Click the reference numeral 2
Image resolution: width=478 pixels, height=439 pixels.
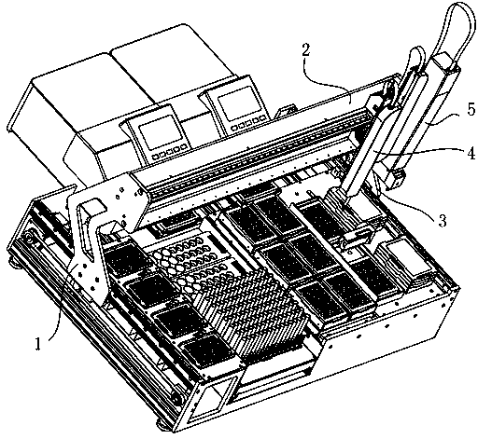click(x=306, y=50)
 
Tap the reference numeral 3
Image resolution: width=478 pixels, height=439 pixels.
click(x=443, y=221)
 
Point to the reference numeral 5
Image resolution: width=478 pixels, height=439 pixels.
click(x=471, y=110)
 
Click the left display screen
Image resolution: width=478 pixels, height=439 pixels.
click(x=160, y=131)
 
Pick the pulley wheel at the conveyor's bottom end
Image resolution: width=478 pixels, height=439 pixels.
click(x=176, y=399)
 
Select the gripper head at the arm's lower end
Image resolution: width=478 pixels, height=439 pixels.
click(x=357, y=240)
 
